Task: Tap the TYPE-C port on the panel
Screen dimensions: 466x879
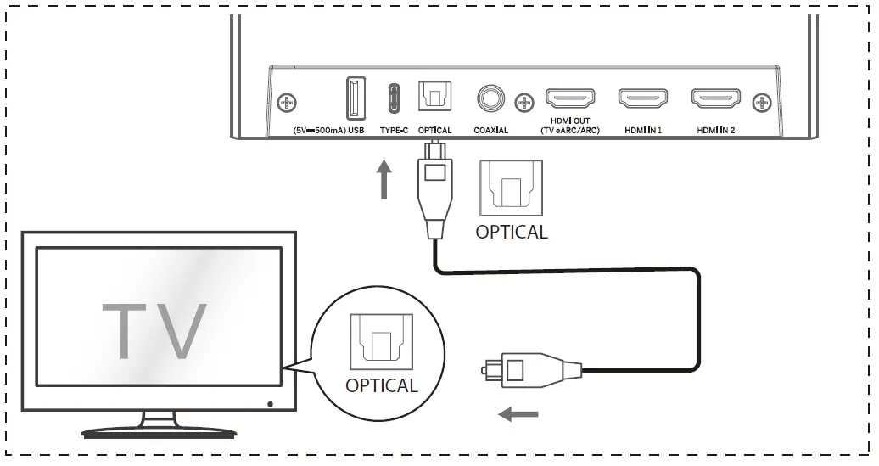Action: point(393,98)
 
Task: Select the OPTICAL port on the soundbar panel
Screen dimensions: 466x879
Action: point(435,98)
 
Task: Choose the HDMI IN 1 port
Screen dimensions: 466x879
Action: point(642,100)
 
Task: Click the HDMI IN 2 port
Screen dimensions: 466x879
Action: point(715,100)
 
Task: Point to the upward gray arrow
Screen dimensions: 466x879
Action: point(386,180)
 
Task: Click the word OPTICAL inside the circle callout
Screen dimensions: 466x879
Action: point(382,385)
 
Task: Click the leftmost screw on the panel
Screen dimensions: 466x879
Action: point(288,103)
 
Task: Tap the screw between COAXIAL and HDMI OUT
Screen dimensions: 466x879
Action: point(524,103)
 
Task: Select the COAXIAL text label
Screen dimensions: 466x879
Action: point(490,130)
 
